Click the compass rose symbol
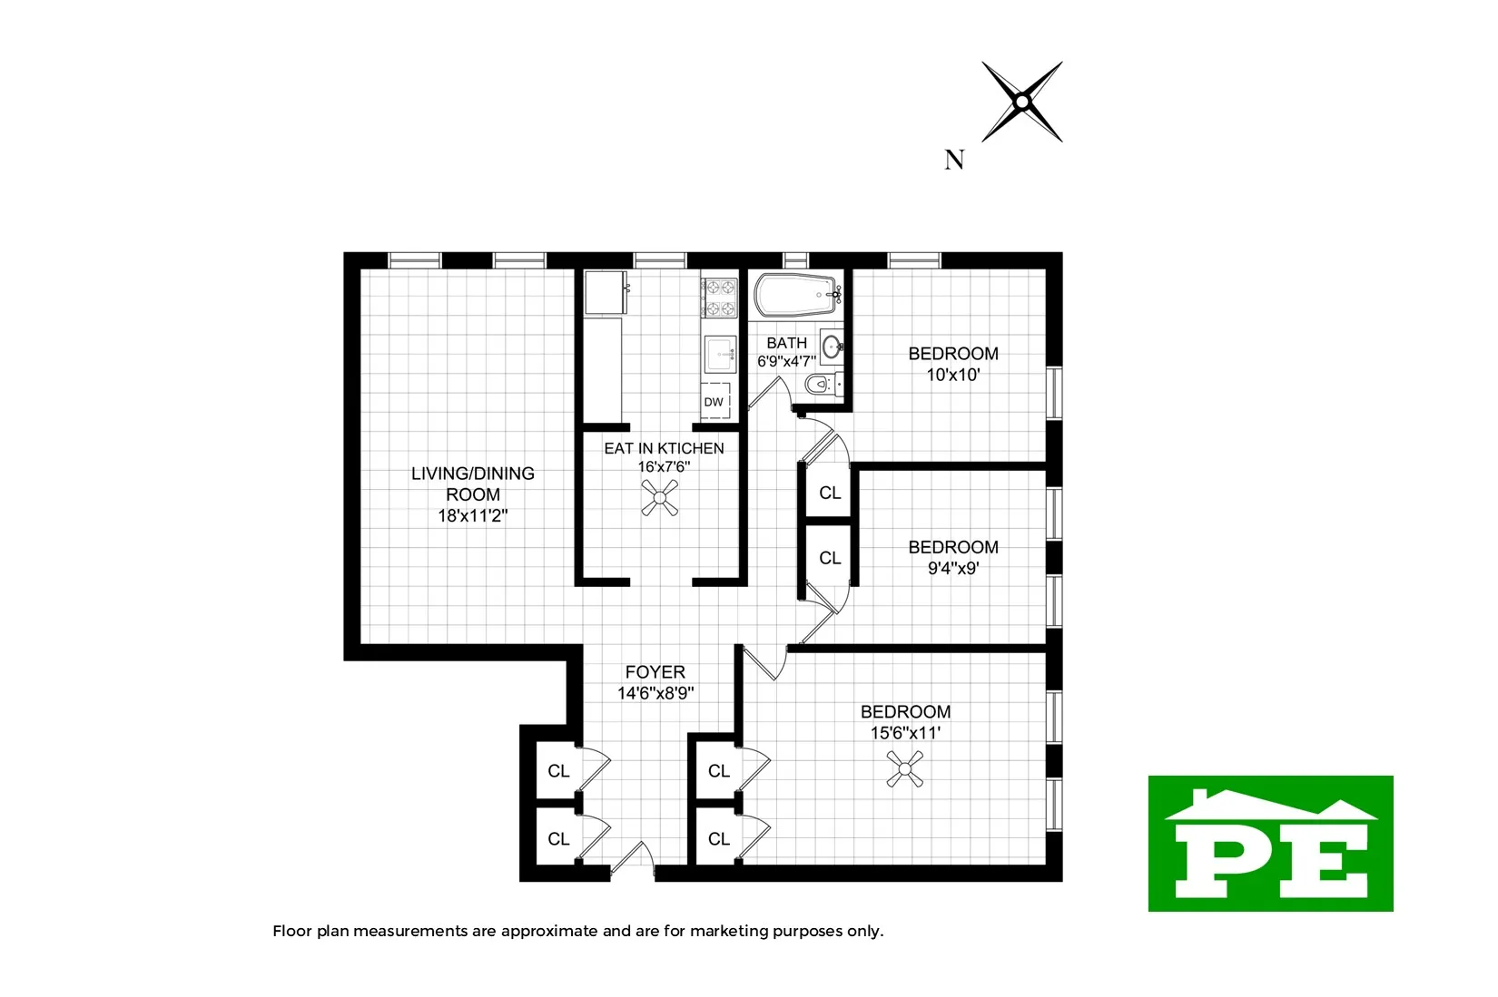[1022, 102]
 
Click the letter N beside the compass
[953, 161]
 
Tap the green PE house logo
[1270, 844]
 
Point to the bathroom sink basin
[832, 346]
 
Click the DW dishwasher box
[715, 401]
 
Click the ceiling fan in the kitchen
[660, 498]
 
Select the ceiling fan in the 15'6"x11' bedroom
[904, 774]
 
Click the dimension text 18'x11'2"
[472, 516]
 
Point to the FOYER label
[655, 672]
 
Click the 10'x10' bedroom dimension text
[952, 375]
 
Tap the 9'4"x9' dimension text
[952, 569]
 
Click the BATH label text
[786, 343]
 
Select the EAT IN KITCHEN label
[664, 448]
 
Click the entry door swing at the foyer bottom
[634, 861]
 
